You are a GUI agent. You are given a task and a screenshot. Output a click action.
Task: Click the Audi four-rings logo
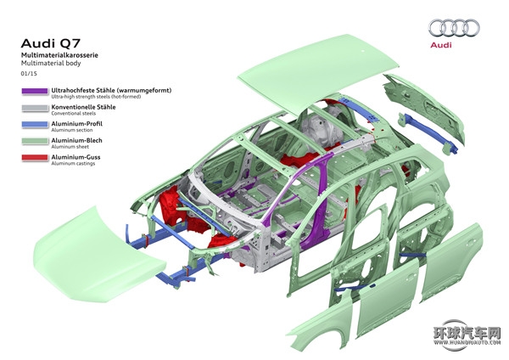pyautogui.click(x=454, y=28)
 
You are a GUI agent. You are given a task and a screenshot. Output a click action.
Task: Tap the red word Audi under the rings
pyautogui.click(x=441, y=45)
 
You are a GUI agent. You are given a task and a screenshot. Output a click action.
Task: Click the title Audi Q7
pyautogui.click(x=51, y=43)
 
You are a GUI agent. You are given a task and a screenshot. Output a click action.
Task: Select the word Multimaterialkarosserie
pyautogui.click(x=59, y=55)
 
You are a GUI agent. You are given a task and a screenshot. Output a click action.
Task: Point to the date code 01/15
pyautogui.click(x=29, y=73)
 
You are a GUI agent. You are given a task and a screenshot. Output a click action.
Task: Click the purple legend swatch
pyautogui.click(x=35, y=92)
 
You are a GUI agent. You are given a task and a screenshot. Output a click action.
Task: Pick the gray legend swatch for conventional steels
pyautogui.click(x=35, y=108)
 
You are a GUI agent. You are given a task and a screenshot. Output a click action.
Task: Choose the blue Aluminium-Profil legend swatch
pyautogui.click(x=35, y=125)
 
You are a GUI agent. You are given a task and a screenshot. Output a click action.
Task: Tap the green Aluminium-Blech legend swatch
pyautogui.click(x=35, y=141)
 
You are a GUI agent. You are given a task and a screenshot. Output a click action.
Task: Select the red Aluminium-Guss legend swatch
pyautogui.click(x=35, y=158)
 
